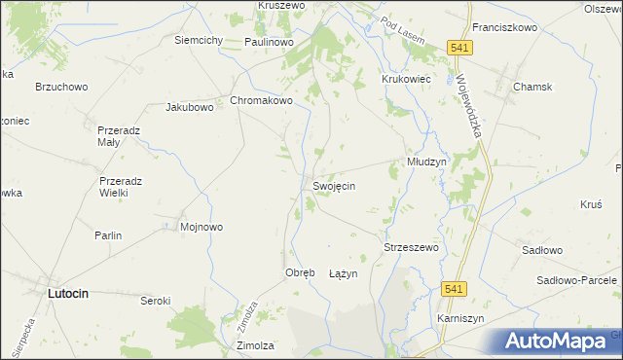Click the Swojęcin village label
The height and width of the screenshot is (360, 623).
click(x=333, y=186)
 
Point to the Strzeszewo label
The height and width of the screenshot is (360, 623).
click(x=412, y=248)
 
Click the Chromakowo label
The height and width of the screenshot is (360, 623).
click(x=261, y=100)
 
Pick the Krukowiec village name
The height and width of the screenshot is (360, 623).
click(x=407, y=79)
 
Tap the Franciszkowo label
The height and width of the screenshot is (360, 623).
click(x=504, y=28)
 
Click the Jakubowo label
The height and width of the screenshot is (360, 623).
click(x=190, y=107)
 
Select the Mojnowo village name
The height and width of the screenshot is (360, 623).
click(x=202, y=228)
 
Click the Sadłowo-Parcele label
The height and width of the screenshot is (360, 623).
click(x=577, y=280)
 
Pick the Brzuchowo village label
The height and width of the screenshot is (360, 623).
click(x=61, y=87)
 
